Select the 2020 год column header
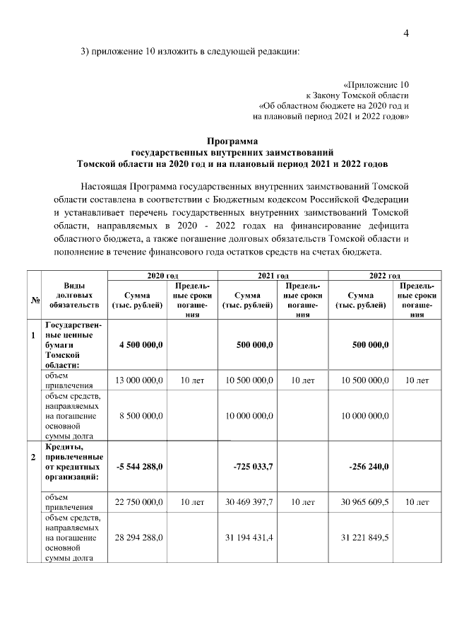161,275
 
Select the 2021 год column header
272,275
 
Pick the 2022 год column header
385,275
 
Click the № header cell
34,301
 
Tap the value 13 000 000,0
139,380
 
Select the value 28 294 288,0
139,538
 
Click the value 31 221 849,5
365,538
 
